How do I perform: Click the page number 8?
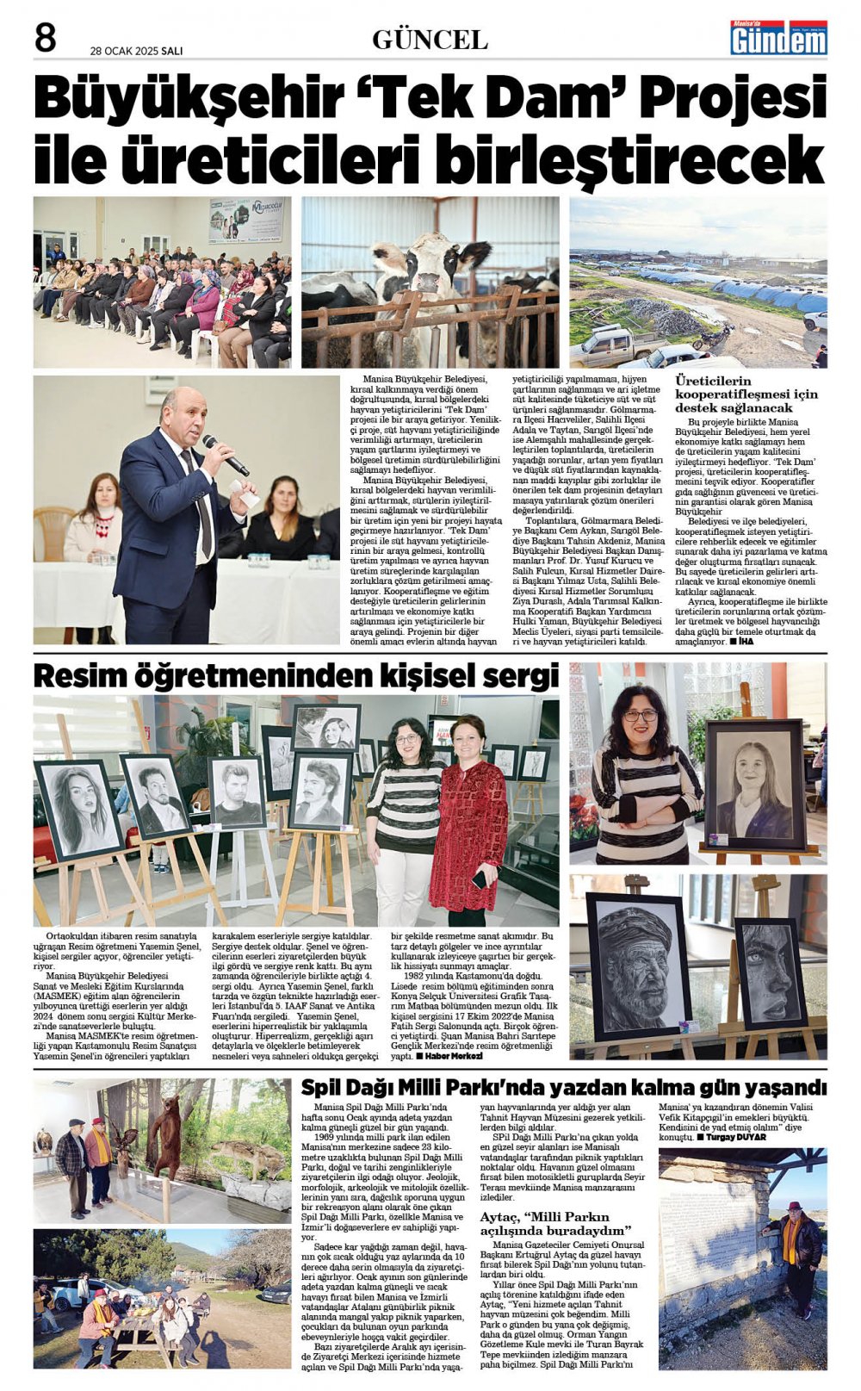45,38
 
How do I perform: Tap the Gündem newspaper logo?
778,38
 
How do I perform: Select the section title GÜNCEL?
430,40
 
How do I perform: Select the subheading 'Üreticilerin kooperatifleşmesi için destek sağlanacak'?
746,394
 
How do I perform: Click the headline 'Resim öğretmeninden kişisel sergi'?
295,676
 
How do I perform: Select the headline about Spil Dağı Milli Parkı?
563,1087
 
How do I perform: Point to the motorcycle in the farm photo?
714,335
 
